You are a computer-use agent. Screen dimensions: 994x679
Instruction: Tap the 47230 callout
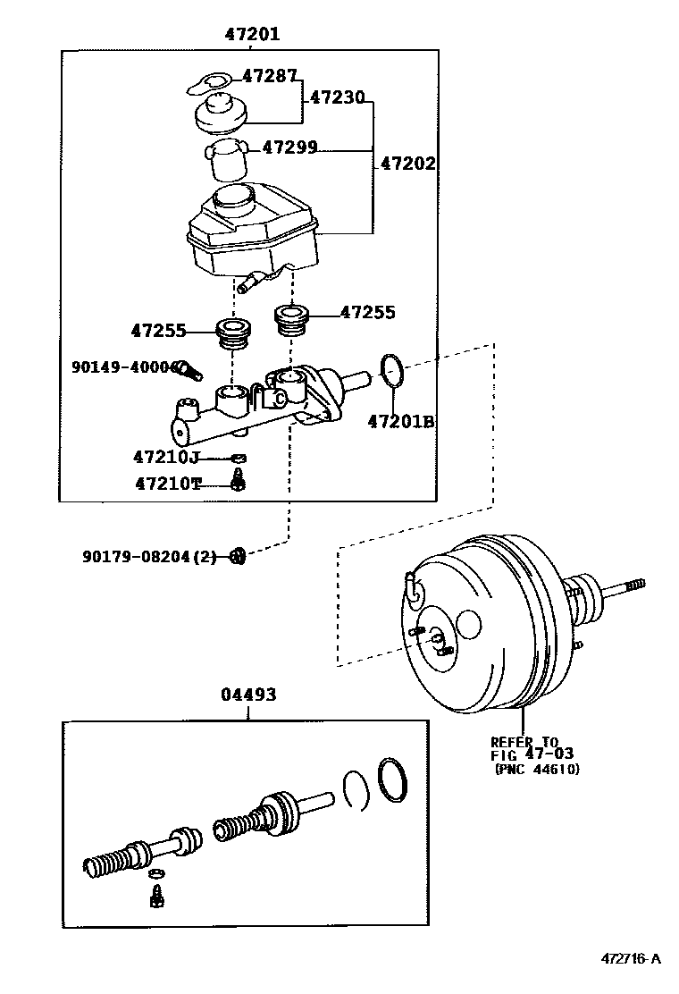pyautogui.click(x=337, y=97)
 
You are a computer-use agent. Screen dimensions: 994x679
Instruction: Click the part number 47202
pyautogui.click(x=407, y=164)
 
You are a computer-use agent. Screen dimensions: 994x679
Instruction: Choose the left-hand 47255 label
pyautogui.click(x=158, y=331)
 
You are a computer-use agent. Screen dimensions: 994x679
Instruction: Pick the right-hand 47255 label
pyautogui.click(x=367, y=312)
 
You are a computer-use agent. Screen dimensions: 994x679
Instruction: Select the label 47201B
pyautogui.click(x=400, y=420)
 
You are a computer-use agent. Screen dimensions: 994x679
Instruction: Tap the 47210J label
pyautogui.click(x=165, y=458)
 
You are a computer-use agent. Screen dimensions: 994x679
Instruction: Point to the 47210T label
pyautogui.click(x=168, y=484)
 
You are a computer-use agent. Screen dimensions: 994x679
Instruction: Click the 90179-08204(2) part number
pyautogui.click(x=149, y=556)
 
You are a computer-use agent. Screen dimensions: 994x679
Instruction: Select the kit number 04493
pyautogui.click(x=248, y=695)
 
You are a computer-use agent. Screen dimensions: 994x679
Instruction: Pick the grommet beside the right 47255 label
pyautogui.click(x=291, y=321)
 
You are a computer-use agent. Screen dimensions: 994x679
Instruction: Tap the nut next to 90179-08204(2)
pyautogui.click(x=237, y=556)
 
